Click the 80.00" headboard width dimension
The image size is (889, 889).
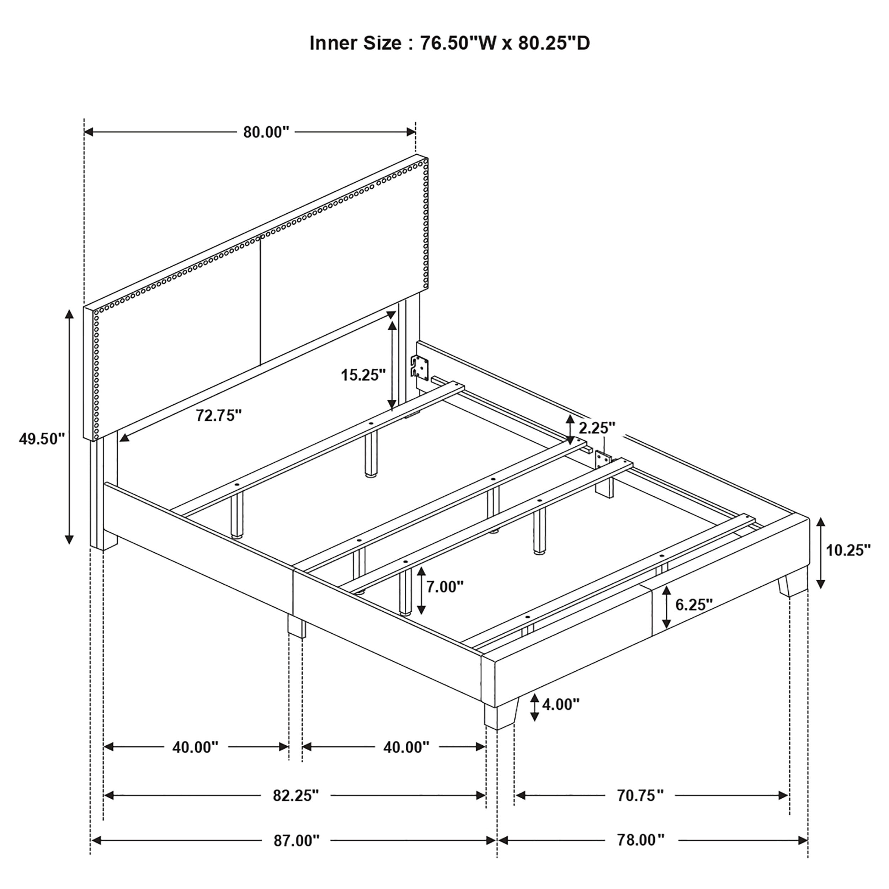point(266,132)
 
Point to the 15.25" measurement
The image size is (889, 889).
point(363,375)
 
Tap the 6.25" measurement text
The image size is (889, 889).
point(694,604)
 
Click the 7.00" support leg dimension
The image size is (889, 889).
point(445,587)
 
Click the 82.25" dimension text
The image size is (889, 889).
point(296,795)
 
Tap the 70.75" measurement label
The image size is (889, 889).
point(640,795)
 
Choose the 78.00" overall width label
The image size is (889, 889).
point(640,840)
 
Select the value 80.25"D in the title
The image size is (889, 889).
point(554,43)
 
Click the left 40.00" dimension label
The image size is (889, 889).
point(195,747)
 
